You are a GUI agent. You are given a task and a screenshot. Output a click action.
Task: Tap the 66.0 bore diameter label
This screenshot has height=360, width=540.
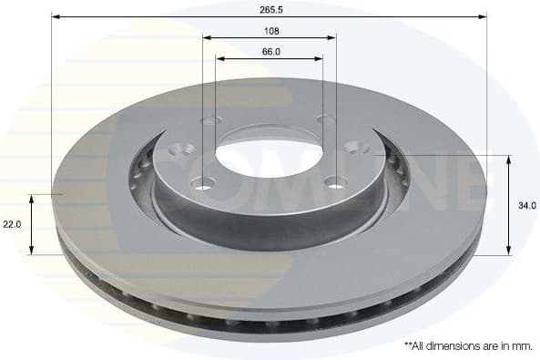coord(270,51)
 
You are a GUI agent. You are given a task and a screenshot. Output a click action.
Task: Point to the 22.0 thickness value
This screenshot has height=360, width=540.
coord(11,224)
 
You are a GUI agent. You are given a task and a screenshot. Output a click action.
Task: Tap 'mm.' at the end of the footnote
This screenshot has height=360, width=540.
coord(523,346)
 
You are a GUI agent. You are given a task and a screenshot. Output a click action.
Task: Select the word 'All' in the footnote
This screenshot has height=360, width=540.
coord(420,346)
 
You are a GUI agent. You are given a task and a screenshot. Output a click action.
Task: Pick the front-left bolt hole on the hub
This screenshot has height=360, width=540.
coord(202,184)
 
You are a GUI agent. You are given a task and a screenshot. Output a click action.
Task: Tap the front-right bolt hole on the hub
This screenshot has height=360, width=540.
coord(336,184)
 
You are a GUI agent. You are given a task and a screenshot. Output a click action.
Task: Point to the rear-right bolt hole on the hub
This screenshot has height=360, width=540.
coord(325,119)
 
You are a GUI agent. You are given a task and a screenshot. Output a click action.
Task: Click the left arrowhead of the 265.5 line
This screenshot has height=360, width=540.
coord(55,16)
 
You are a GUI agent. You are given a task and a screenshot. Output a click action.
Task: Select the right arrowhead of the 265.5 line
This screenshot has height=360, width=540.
coord(484,16)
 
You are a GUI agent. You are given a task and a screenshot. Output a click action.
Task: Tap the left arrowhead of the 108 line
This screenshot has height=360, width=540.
coord(206,38)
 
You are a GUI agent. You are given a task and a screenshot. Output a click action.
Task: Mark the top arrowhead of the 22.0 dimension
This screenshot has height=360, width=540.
coord(32,197)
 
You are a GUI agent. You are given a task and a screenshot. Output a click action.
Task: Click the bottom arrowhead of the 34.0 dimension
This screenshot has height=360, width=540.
coord(507,252)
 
